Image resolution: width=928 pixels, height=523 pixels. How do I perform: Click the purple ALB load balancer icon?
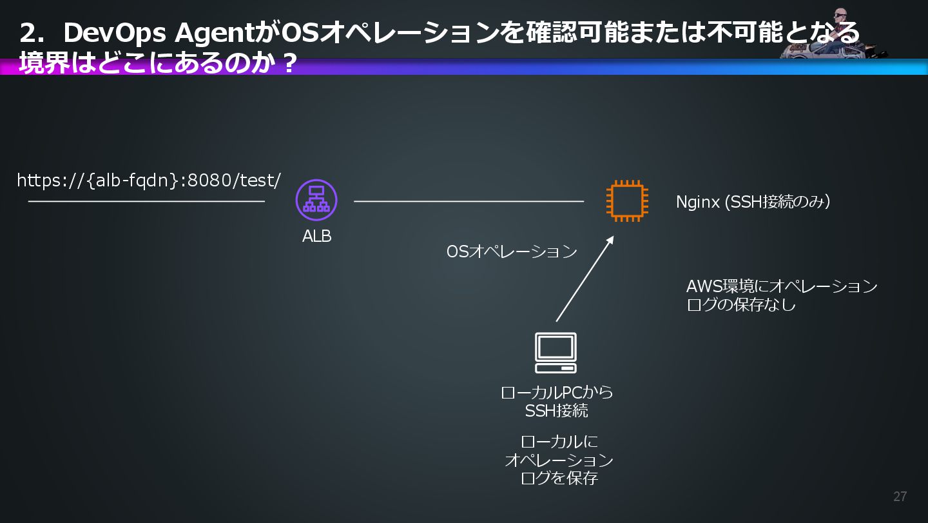(316, 200)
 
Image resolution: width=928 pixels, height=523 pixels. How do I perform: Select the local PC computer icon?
(556, 353)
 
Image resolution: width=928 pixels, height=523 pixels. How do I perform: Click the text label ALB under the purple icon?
(316, 237)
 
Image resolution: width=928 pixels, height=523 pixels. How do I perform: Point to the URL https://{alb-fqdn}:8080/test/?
(149, 181)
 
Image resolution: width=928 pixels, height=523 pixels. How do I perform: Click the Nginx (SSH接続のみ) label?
(753, 202)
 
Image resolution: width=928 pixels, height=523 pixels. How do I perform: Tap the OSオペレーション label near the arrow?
(512, 252)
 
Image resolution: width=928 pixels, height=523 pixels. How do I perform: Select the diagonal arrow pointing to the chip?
(584, 279)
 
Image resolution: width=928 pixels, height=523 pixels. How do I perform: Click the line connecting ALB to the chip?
(469, 201)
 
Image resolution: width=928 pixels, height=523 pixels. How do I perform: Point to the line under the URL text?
(146, 201)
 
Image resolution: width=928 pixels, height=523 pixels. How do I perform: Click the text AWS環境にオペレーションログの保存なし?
(781, 295)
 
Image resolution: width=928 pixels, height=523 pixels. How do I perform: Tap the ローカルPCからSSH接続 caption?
(557, 401)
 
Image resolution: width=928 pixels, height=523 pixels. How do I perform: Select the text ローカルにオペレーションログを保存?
(559, 460)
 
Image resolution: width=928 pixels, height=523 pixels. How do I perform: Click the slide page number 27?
(900, 497)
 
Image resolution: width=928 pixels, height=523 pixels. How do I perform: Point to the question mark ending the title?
(289, 63)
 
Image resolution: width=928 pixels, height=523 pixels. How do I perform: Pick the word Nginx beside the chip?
(697, 202)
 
